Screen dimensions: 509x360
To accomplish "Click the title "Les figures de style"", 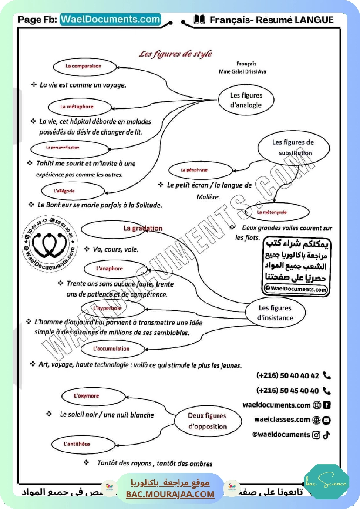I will point(175,54).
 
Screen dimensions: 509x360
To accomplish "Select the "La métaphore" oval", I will point(77,107).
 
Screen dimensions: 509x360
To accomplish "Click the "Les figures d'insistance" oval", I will point(275,313).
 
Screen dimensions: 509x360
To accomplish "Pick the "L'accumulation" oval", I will point(111,349).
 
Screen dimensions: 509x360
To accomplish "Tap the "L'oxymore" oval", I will point(87,396).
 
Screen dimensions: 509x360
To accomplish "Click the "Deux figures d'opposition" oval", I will point(207,421).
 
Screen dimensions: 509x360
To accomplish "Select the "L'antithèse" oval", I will point(77,444).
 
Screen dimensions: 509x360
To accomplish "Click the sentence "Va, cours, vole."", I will point(115,249).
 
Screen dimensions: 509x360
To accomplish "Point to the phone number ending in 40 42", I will point(288,376).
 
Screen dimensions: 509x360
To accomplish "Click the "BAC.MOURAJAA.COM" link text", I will point(170,494).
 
